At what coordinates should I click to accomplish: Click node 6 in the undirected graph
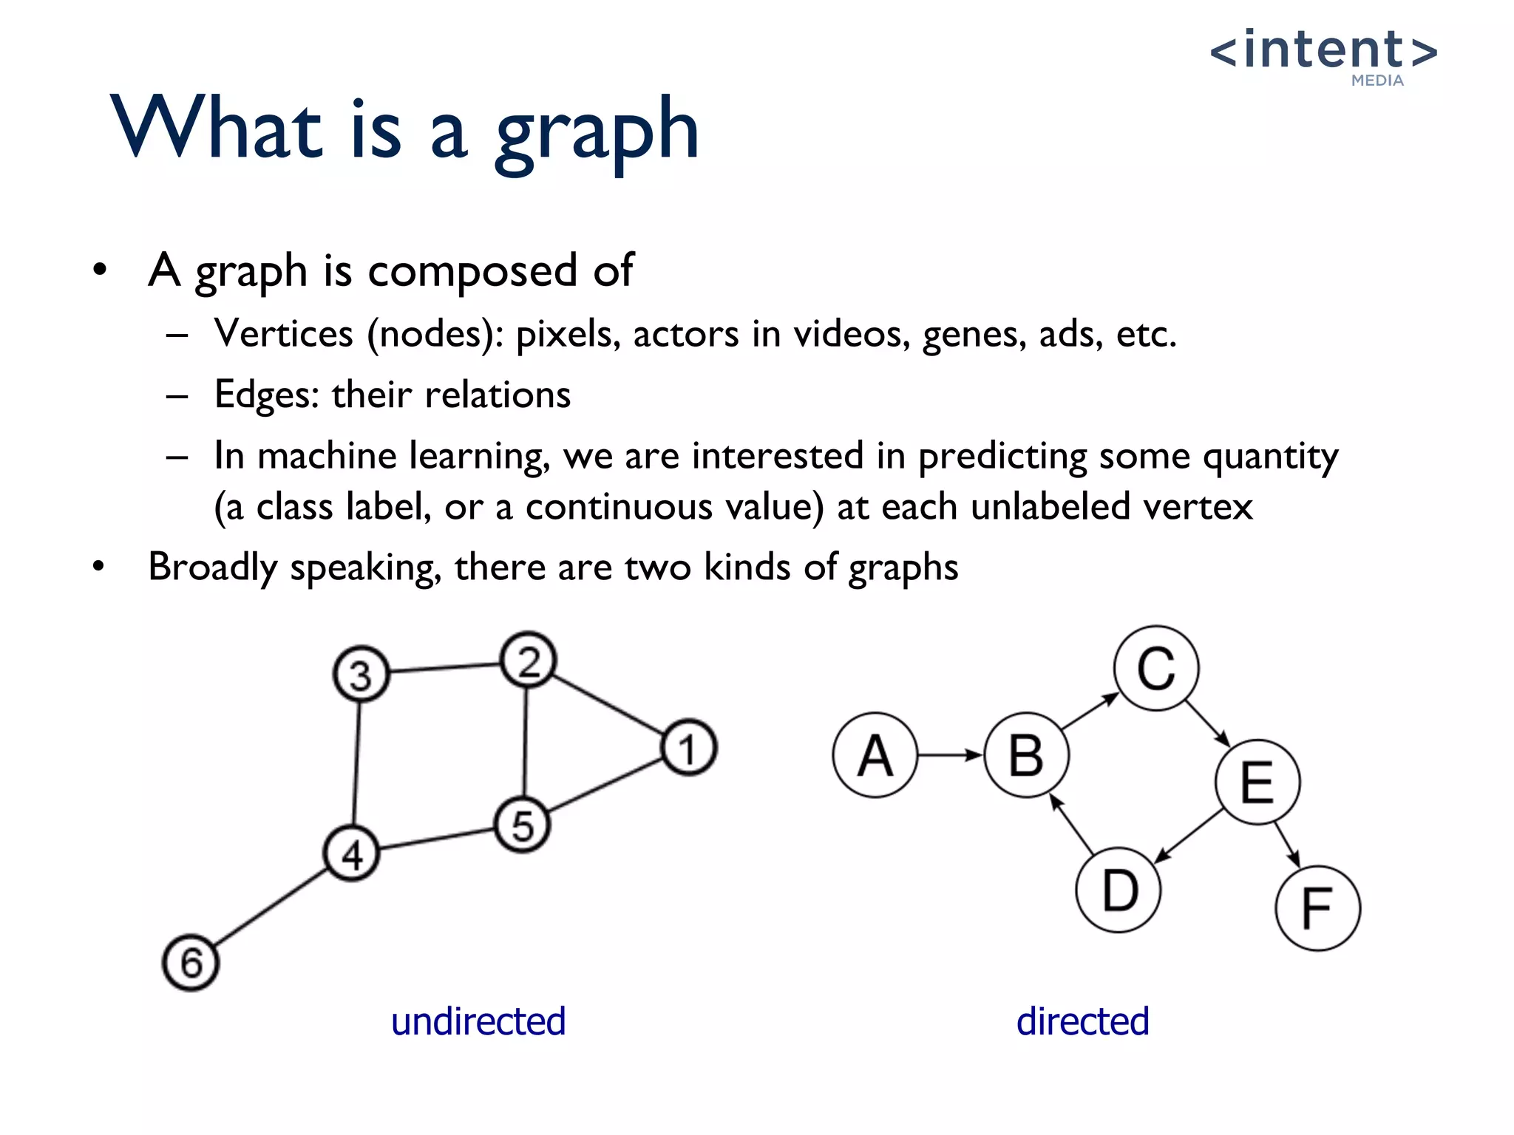pos(191,963)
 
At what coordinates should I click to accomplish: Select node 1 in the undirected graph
pos(688,748)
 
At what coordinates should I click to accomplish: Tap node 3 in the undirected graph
pos(361,675)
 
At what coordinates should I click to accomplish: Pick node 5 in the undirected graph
pos(522,825)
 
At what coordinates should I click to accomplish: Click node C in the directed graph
pos(1156,668)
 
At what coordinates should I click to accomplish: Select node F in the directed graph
pos(1317,908)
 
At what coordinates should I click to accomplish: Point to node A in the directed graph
pos(875,755)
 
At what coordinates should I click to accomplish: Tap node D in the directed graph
pos(1118,890)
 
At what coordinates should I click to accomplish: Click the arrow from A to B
pos(950,755)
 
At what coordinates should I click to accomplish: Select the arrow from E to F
pos(1286,844)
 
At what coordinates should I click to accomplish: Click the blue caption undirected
pos(478,1022)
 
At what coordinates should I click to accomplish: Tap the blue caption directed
pos(1082,1022)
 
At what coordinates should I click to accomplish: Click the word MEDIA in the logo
pos(1377,81)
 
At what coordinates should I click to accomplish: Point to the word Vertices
pos(283,334)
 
